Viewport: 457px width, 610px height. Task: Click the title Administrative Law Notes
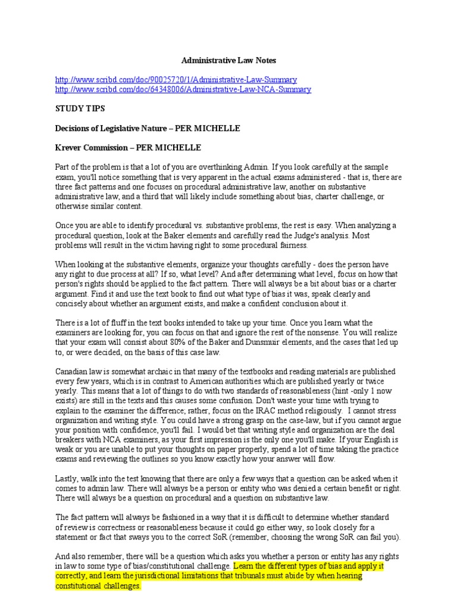coord(228,60)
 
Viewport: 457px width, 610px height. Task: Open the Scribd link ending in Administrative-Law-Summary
coord(176,80)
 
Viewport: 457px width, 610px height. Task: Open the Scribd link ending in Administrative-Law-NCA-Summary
coord(183,89)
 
